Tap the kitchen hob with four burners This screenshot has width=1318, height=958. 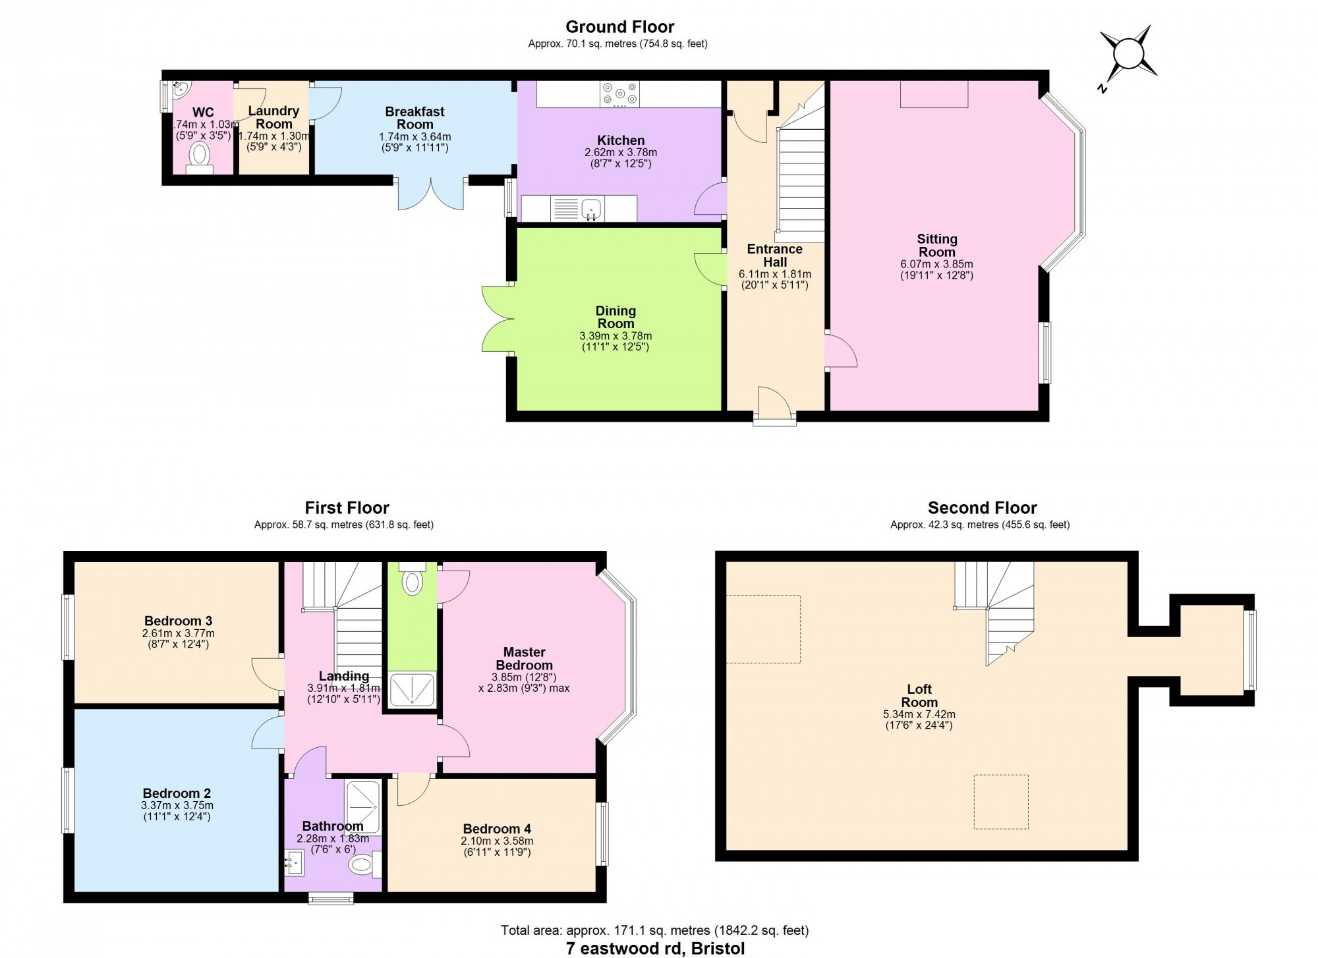pyautogui.click(x=619, y=94)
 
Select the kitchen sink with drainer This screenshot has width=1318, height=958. pyautogui.click(x=579, y=209)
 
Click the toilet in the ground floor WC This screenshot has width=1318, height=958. pyautogui.click(x=200, y=158)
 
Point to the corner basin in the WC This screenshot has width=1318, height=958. pyautogui.click(x=181, y=90)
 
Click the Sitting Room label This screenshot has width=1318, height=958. pyautogui.click(x=936, y=246)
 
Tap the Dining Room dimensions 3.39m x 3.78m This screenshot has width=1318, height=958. pyautogui.click(x=616, y=336)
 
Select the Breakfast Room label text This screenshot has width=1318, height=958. pyautogui.click(x=415, y=118)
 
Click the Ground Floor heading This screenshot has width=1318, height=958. pyautogui.click(x=620, y=27)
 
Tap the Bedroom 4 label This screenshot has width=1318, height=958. pyautogui.click(x=497, y=829)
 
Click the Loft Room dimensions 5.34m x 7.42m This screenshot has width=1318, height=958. pyautogui.click(x=919, y=714)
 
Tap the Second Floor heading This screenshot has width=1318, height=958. pyautogui.click(x=982, y=508)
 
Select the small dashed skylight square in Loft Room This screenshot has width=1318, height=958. pyautogui.click(x=1001, y=802)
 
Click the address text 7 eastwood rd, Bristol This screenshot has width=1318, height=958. pyautogui.click(x=655, y=949)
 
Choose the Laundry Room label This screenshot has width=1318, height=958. pyautogui.click(x=273, y=117)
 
